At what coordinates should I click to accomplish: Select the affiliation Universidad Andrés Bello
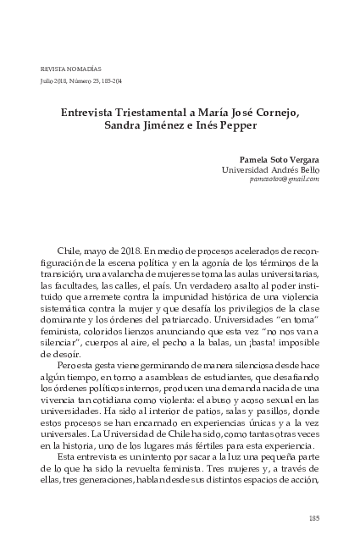point(270,169)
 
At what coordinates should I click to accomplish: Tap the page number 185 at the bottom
point(313,519)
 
